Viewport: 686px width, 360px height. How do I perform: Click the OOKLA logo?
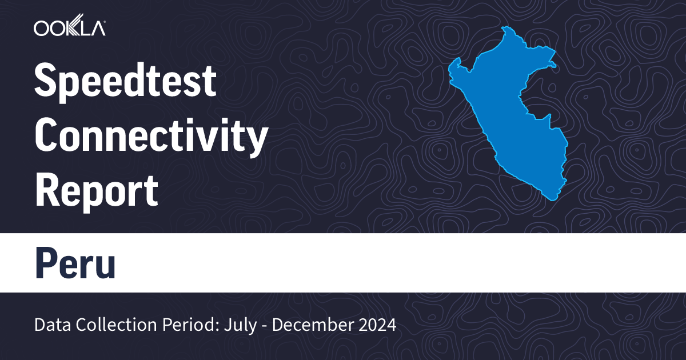click(69, 28)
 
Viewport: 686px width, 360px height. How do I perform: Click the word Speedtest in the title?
click(126, 82)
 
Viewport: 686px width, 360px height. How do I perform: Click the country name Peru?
click(75, 262)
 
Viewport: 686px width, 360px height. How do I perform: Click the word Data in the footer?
click(50, 325)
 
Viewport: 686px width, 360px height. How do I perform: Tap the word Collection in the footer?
click(102, 325)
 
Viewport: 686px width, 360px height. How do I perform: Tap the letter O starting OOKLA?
click(42, 28)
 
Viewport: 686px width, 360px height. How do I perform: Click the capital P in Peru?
click(46, 262)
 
